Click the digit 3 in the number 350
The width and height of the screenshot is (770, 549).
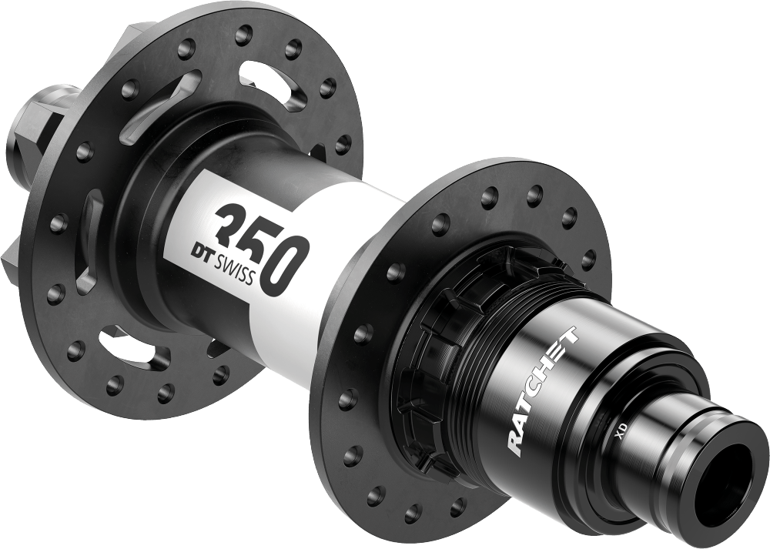tap(233, 225)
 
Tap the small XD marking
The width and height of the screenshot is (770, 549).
tap(620, 432)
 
